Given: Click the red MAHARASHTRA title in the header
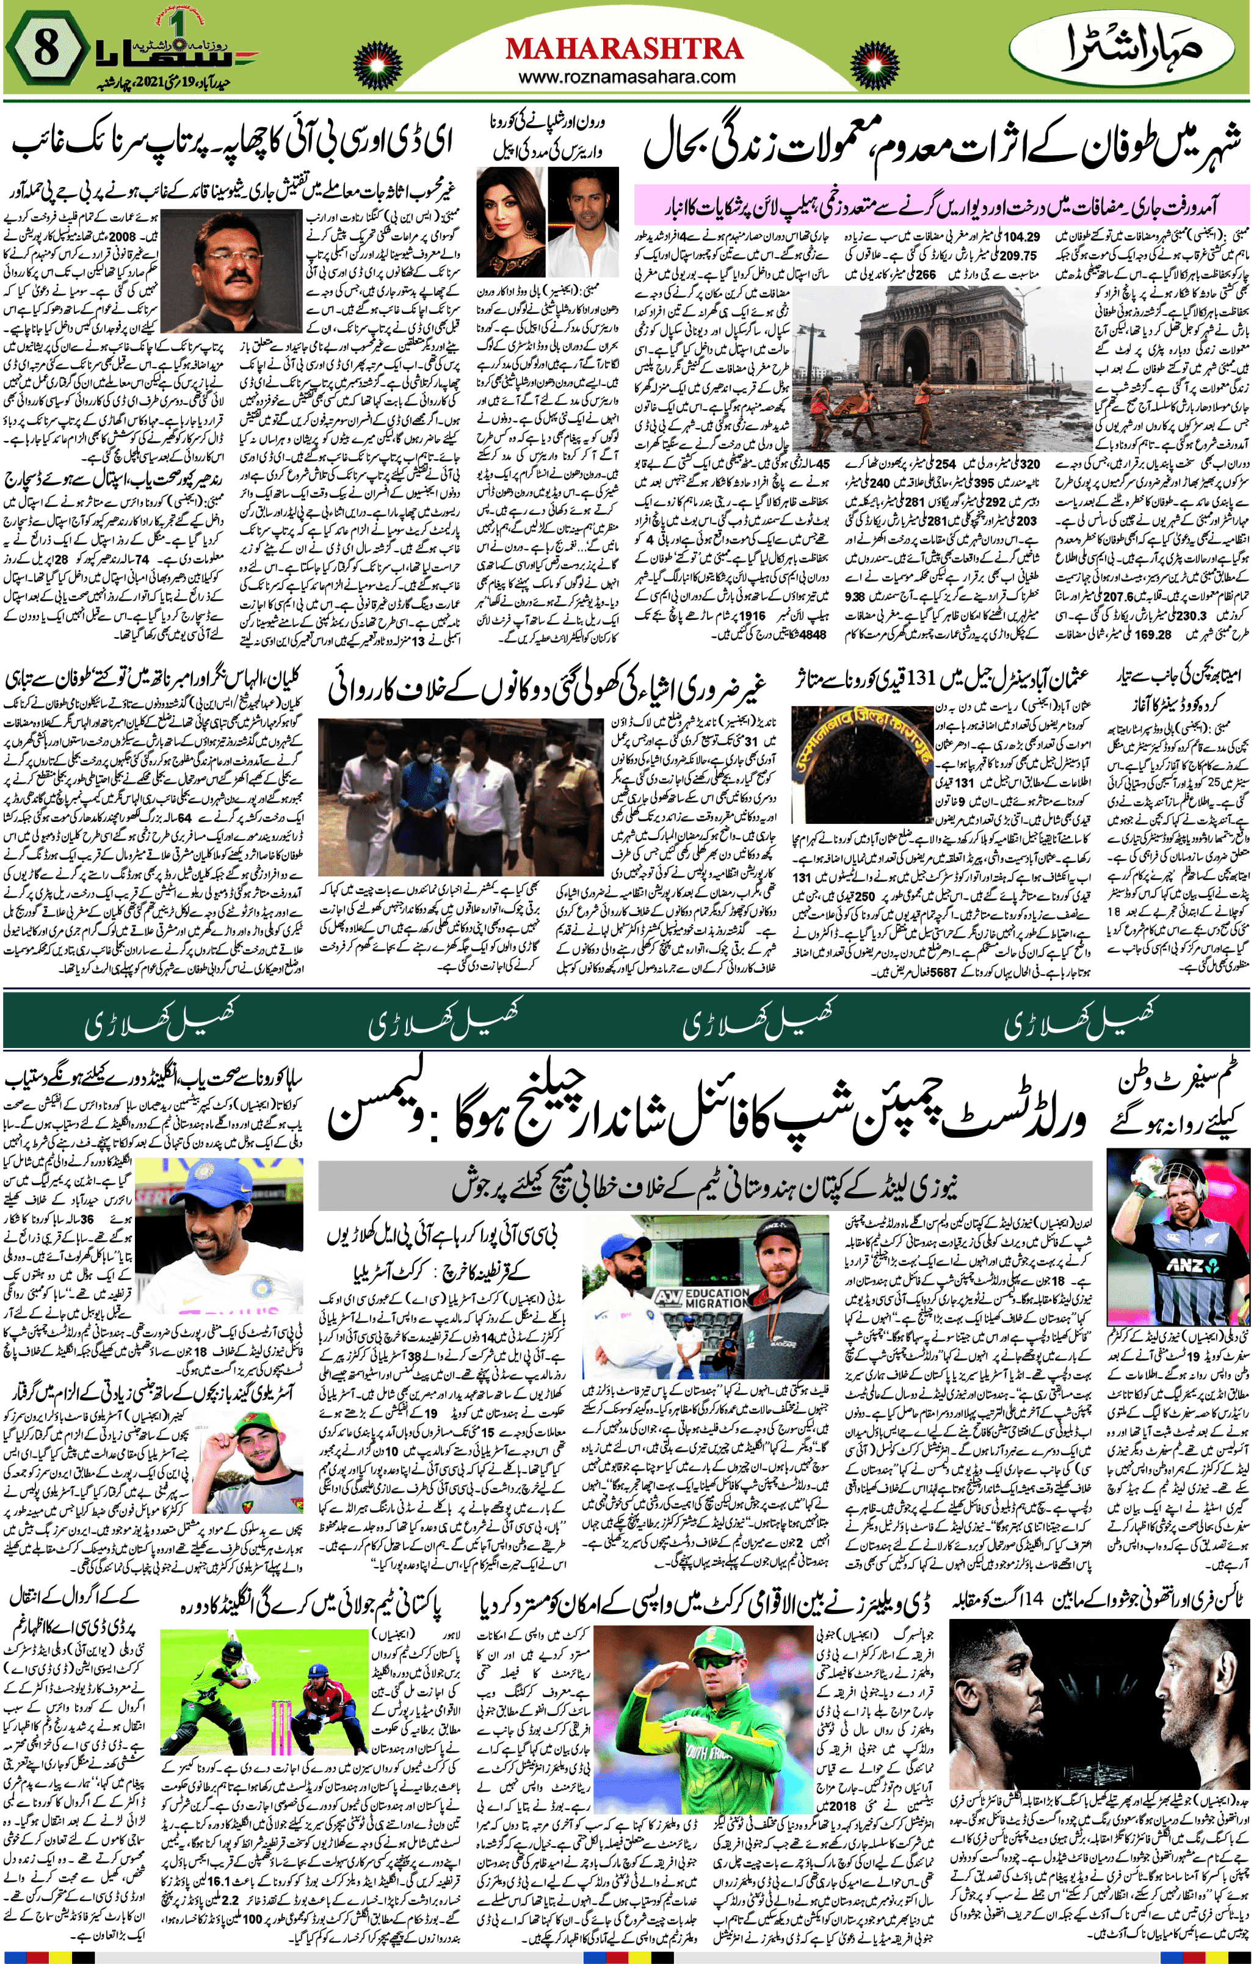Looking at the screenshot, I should click(x=624, y=49).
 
